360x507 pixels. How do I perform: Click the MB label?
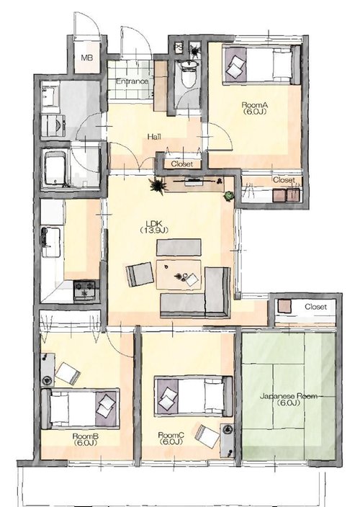click(87, 58)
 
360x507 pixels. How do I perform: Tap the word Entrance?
click(132, 81)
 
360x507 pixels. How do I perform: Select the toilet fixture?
click(188, 73)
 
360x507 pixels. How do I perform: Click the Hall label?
click(154, 137)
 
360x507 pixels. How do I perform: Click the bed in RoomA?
click(261, 65)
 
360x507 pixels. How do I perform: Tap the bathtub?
click(55, 169)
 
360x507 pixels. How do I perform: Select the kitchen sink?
click(50, 241)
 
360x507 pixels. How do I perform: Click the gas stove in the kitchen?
click(85, 290)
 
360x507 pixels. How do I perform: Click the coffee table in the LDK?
click(179, 274)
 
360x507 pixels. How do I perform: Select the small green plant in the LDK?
click(229, 196)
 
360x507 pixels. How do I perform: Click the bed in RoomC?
click(193, 396)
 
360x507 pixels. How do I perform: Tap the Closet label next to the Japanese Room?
click(315, 307)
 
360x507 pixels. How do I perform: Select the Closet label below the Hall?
click(182, 164)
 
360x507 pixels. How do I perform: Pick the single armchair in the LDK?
click(140, 274)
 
